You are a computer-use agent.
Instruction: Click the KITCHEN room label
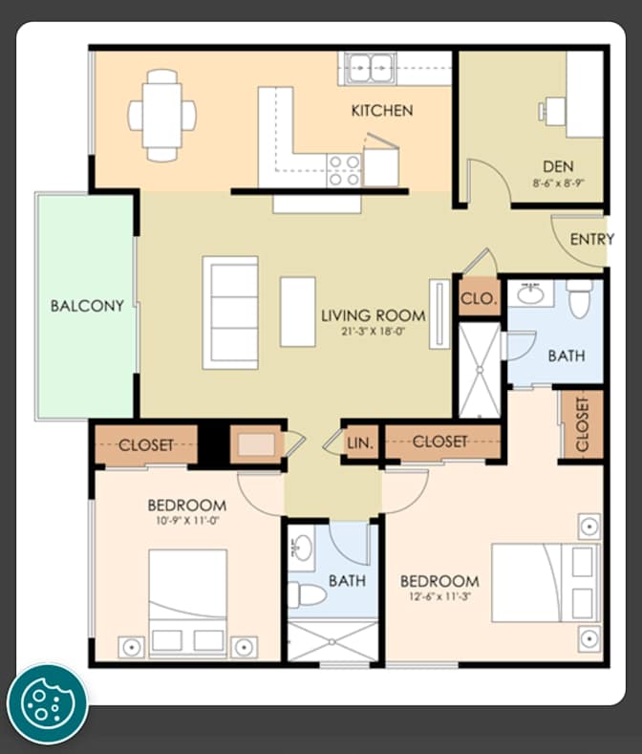382,111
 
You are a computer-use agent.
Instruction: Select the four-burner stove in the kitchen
344,170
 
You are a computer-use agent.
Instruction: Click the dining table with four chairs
162,116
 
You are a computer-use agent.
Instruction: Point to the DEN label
558,166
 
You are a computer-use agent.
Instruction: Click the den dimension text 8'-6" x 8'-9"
558,183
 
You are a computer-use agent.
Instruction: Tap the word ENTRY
592,239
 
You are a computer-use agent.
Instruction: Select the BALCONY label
87,306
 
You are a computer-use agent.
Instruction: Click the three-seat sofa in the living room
230,312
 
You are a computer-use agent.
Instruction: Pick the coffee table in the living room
298,312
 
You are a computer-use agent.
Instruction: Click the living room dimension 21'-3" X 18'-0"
374,332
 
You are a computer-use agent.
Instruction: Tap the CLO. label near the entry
479,298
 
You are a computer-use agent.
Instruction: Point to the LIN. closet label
360,442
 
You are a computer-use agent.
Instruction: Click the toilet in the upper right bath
579,298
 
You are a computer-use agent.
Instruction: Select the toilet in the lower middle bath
308,594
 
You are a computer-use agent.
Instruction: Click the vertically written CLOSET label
582,424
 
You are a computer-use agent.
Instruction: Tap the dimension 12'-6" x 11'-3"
439,596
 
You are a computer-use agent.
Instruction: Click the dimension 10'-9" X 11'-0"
187,520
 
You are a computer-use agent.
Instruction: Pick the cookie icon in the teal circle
47,704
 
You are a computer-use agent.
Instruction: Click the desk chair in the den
543,112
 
